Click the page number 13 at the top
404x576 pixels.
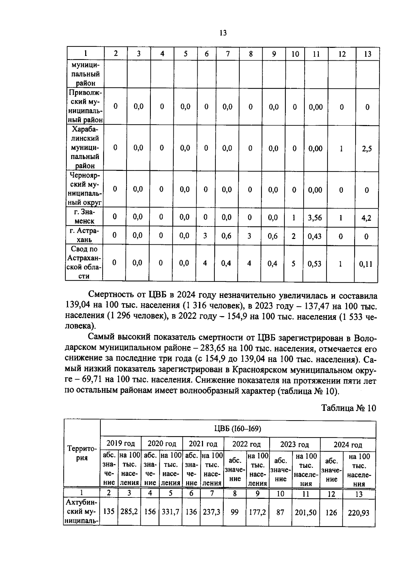point(223,33)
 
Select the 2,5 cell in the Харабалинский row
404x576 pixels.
point(367,149)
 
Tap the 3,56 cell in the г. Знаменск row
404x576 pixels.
point(315,218)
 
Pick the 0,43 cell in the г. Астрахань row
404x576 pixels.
point(315,236)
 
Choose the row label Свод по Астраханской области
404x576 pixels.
point(84,263)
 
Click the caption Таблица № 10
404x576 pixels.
point(348,408)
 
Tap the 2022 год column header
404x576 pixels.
point(246,444)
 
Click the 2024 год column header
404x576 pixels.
point(348,445)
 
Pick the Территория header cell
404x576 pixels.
point(82,453)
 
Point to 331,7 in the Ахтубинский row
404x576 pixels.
point(170,512)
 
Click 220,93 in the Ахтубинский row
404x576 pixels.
point(358,513)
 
